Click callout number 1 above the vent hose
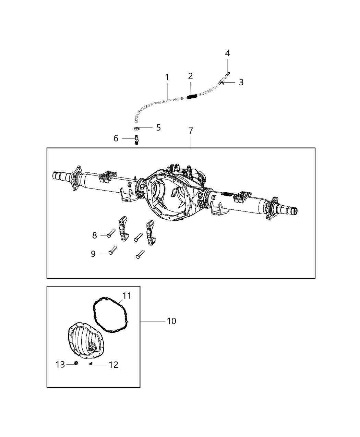tap(167, 77)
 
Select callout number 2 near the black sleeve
tap(190, 76)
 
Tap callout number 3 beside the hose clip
tap(241, 82)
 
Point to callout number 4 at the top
tap(228, 53)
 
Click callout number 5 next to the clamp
tap(158, 128)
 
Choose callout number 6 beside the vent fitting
tap(116, 138)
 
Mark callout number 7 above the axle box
tap(191, 131)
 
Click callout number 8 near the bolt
tap(95, 235)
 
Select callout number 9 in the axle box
tap(93, 254)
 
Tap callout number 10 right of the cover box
tap(171, 321)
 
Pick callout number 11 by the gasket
tap(127, 295)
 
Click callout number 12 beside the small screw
tap(113, 365)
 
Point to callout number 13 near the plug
tap(60, 364)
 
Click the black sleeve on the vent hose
tap(192, 97)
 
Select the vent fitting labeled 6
tap(136, 140)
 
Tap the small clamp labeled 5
tap(136, 128)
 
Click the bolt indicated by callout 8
tap(110, 233)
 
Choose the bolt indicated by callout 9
tap(113, 250)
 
